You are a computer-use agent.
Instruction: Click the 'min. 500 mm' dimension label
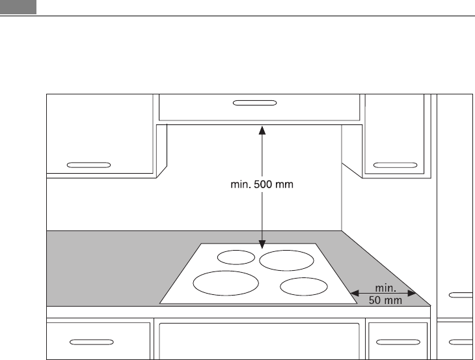(x=262, y=184)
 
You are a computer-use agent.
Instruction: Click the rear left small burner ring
(x=236, y=257)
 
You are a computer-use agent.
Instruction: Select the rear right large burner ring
(x=287, y=260)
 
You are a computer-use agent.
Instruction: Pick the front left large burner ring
(x=226, y=284)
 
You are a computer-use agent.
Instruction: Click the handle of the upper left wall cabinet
(x=88, y=164)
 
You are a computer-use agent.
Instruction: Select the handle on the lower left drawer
(x=91, y=340)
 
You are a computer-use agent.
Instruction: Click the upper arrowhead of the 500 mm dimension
(x=262, y=130)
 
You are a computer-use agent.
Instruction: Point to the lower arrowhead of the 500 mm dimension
(x=262, y=245)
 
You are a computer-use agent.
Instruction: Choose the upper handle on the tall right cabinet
(x=461, y=295)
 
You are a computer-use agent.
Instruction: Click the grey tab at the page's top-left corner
(x=18, y=7)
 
